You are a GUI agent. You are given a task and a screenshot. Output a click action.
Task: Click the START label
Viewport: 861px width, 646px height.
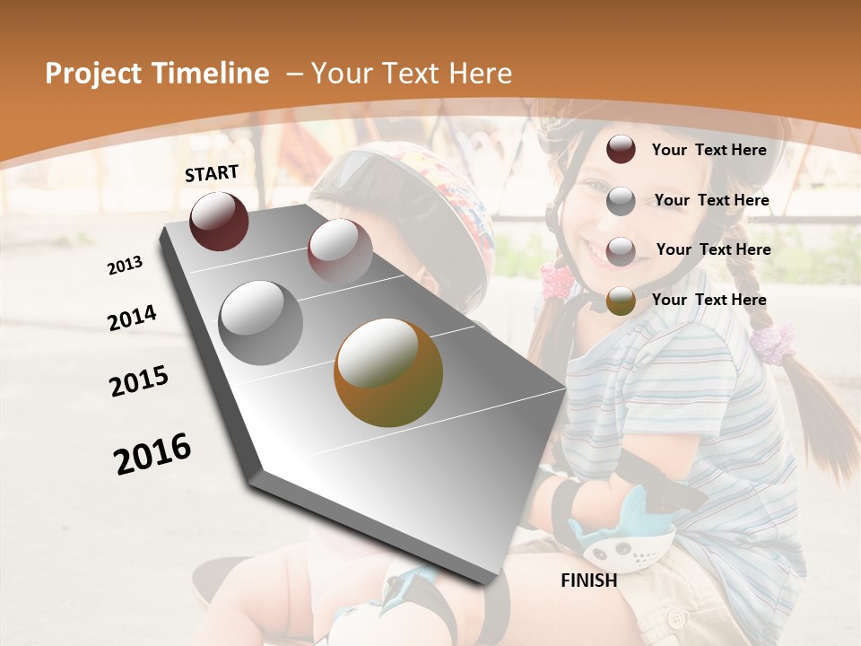(x=212, y=173)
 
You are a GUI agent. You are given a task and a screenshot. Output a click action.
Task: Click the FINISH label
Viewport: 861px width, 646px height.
(x=589, y=581)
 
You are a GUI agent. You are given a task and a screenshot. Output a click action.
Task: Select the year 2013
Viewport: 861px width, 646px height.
(x=125, y=266)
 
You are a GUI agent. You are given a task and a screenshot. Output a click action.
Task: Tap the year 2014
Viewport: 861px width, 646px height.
(x=132, y=318)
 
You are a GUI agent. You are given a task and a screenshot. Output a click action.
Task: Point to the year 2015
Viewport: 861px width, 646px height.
(x=139, y=381)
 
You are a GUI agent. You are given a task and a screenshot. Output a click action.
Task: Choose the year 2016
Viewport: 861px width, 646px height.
(x=152, y=454)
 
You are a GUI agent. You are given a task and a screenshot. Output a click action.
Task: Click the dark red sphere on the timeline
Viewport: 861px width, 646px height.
(x=219, y=221)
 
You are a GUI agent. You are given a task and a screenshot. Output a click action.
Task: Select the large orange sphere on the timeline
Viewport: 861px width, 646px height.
(x=388, y=372)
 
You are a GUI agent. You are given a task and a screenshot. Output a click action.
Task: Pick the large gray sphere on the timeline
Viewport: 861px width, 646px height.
(x=261, y=322)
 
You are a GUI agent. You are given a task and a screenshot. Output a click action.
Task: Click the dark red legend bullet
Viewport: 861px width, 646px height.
(x=621, y=150)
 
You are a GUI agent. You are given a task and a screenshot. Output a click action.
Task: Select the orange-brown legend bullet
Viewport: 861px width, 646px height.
(x=621, y=301)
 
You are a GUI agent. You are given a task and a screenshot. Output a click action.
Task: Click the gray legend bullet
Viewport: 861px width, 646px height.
(x=621, y=201)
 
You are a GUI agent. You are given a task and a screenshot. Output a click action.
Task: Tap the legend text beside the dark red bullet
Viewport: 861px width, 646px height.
(x=709, y=150)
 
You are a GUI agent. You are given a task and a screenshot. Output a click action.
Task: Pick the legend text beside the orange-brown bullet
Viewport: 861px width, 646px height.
(x=709, y=300)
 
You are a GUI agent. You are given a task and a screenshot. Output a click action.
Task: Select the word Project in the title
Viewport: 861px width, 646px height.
(x=92, y=74)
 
